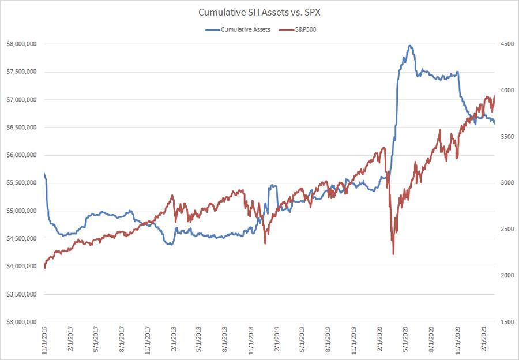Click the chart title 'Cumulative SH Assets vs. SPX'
(259, 12)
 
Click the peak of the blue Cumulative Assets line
(409, 46)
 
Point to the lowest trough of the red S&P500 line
(393, 254)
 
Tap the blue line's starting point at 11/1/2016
(44, 173)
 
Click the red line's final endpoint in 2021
(495, 96)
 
